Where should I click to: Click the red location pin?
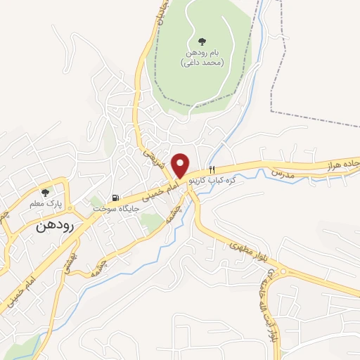(x=181, y=165)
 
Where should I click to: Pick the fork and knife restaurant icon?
(x=211, y=169)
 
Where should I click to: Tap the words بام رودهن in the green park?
(x=203, y=52)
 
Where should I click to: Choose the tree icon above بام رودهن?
(x=203, y=41)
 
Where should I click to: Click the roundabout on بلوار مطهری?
(x=283, y=271)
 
